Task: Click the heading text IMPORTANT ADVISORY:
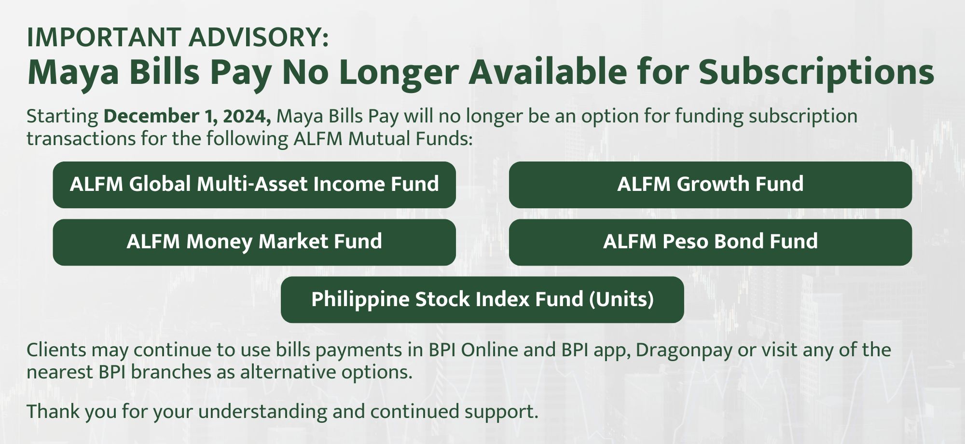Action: pyautogui.click(x=178, y=37)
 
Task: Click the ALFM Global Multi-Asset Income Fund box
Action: pyautogui.click(x=254, y=185)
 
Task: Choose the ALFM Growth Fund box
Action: pyautogui.click(x=710, y=185)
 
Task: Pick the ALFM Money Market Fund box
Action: pyautogui.click(x=254, y=242)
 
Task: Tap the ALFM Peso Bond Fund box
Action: pyautogui.click(x=710, y=242)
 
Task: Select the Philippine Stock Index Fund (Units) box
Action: pyautogui.click(x=482, y=299)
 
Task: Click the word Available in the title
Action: pyautogui.click(x=548, y=71)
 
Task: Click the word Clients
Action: pyautogui.click(x=56, y=350)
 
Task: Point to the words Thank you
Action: pyautogui.click(x=71, y=412)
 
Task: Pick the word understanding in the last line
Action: pyautogui.click(x=281, y=412)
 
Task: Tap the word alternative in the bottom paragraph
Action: pyautogui.click(x=288, y=372)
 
